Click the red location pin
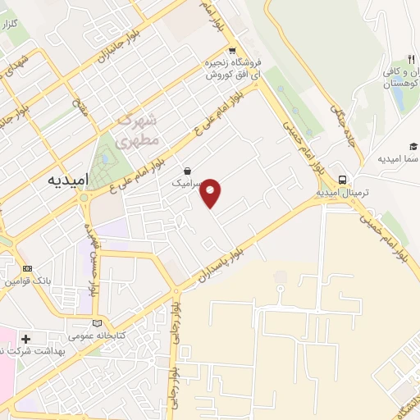(212, 192)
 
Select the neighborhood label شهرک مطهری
(136, 130)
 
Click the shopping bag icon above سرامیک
(189, 171)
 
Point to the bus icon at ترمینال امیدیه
(341, 180)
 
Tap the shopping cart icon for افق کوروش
(232, 49)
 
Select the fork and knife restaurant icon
(411, 60)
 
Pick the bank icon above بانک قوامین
(28, 268)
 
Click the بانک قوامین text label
(30, 281)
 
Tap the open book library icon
(99, 323)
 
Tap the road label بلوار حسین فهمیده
(92, 255)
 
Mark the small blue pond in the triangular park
(103, 161)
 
